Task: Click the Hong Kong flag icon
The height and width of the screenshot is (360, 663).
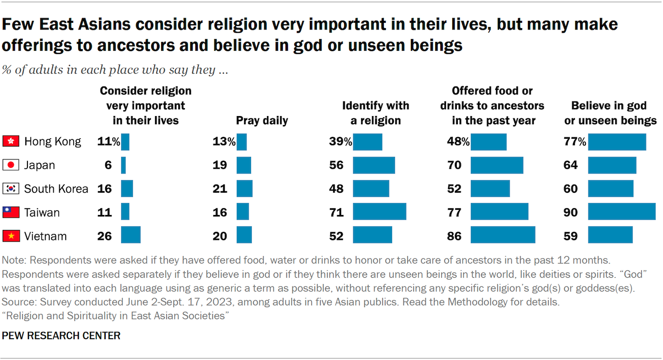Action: point(11,141)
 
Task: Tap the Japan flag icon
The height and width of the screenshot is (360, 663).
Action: point(11,165)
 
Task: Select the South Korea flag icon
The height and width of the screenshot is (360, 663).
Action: point(11,189)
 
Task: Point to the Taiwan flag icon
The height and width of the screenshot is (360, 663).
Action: point(11,212)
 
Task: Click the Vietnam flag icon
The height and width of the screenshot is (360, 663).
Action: point(11,236)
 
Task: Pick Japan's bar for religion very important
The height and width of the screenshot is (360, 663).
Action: point(123,165)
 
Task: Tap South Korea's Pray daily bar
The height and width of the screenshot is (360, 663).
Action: point(244,189)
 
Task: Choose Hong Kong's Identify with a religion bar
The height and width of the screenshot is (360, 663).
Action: point(367,141)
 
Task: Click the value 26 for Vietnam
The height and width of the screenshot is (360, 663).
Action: point(105,236)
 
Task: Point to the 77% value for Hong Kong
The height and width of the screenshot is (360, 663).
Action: point(574,141)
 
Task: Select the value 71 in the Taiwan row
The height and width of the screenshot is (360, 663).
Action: point(336,212)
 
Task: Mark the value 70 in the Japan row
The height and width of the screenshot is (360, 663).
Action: point(454,165)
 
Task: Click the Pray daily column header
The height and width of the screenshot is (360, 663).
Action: point(262,121)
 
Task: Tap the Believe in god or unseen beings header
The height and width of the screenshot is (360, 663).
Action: point(609,113)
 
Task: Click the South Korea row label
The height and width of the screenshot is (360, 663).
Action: point(56,189)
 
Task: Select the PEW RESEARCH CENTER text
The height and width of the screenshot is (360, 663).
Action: point(61,336)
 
